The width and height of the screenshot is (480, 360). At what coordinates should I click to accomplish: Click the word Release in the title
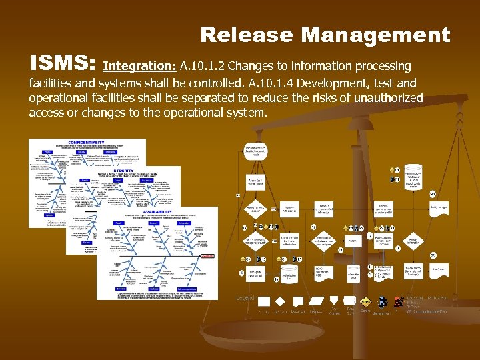[245, 35]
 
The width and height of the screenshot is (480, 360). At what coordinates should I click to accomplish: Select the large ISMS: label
[63, 64]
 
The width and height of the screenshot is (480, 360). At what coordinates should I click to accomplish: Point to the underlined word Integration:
[140, 66]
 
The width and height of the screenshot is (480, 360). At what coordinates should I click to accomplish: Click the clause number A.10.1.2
[203, 66]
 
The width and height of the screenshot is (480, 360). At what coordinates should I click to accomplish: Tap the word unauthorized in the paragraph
[385, 98]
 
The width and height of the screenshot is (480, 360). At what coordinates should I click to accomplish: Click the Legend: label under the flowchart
[245, 298]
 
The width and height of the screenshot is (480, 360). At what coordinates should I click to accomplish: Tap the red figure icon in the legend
[383, 302]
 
